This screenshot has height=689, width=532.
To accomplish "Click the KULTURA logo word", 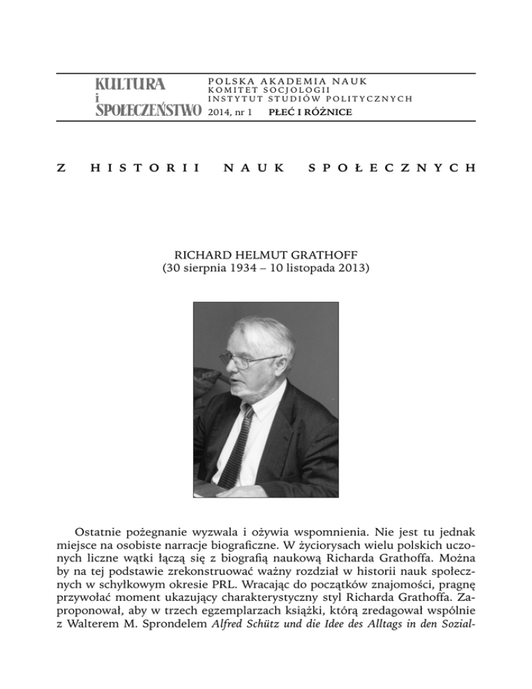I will (130, 85).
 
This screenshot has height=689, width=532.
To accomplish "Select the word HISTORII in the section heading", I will (148, 168).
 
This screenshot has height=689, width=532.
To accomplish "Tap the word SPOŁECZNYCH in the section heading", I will (390, 168).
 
